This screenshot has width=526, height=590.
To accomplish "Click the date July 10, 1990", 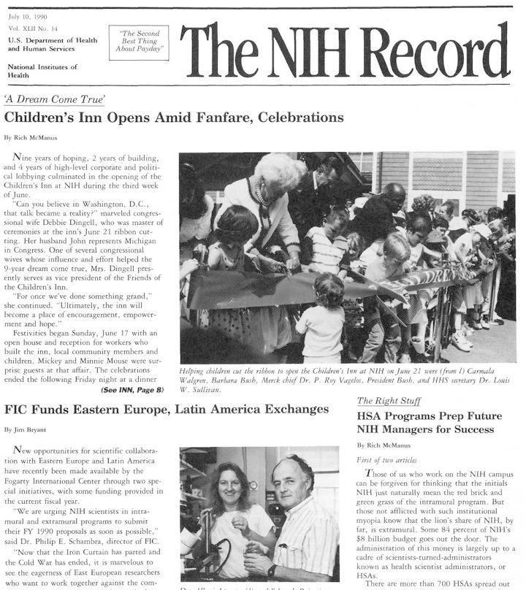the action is click(26, 15).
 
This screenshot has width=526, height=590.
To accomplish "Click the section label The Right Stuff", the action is click(387, 401).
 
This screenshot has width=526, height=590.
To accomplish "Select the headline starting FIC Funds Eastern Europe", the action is click(167, 409).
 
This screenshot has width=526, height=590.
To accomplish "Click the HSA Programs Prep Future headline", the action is click(430, 422).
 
